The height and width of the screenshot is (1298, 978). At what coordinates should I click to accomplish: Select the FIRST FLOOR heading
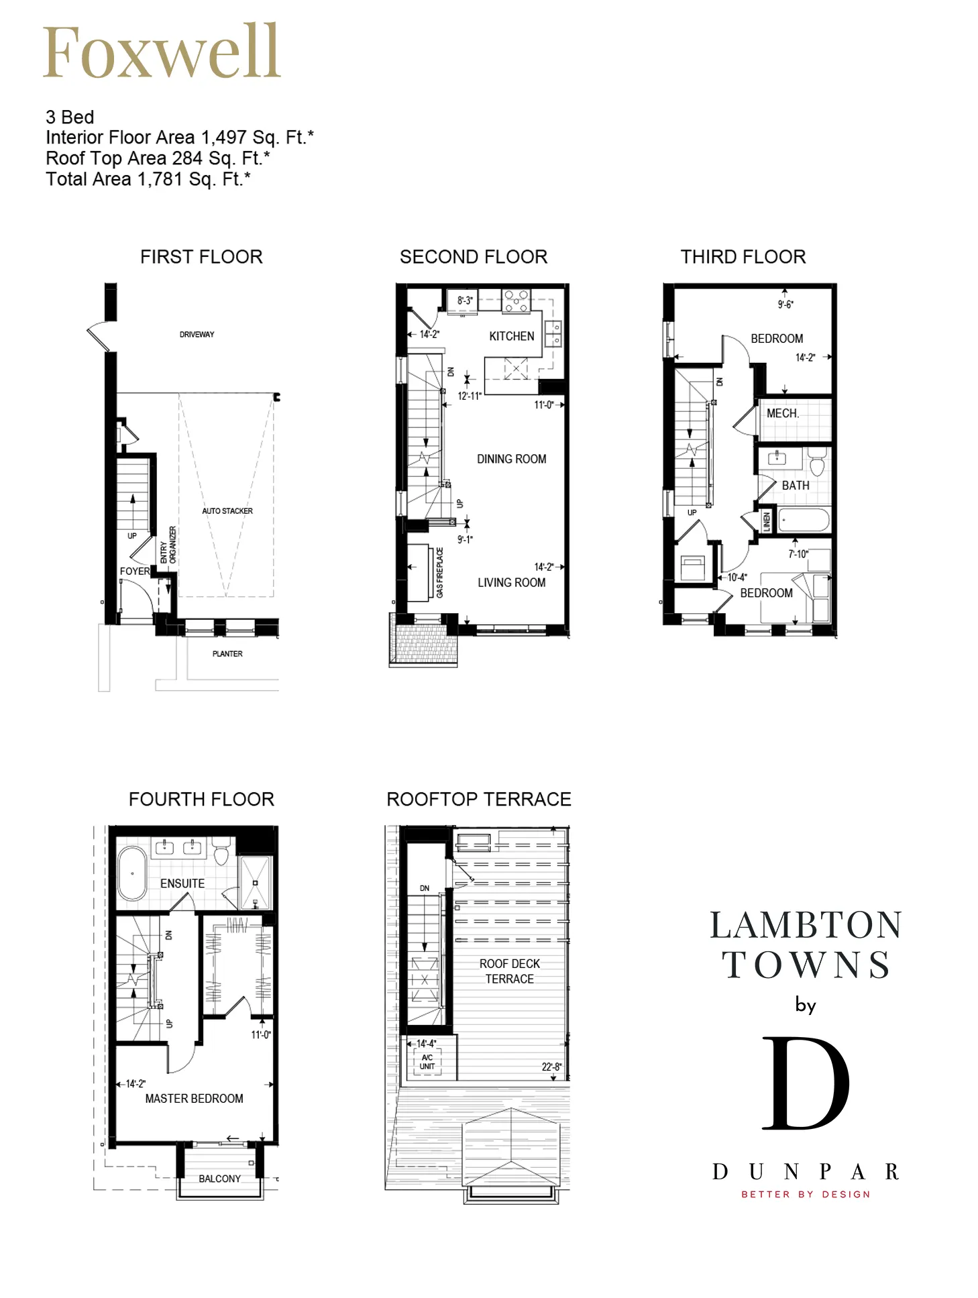coord(201,257)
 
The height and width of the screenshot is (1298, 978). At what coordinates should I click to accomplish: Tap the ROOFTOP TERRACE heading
coord(479,799)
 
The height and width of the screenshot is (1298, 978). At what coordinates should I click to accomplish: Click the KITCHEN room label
coord(512,336)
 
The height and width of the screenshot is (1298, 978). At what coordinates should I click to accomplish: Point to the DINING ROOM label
coord(512,459)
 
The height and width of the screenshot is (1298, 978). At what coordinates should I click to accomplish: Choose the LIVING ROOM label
coord(512,582)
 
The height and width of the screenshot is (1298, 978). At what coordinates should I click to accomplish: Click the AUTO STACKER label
coord(227,511)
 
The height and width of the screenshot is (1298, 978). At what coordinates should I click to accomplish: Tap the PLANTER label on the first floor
coord(227,653)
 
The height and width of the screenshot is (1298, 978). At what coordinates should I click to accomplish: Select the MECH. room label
coord(783,413)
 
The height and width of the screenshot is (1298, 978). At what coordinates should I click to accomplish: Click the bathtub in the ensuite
coord(132,873)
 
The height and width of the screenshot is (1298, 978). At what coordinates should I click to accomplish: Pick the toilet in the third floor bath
coord(817,462)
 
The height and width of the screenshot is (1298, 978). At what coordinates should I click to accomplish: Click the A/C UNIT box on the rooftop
coord(427,1062)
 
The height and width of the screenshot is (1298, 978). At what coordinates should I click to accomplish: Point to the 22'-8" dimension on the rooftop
coord(552,1067)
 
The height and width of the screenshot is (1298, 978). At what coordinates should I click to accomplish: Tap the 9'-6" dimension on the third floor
coord(785,305)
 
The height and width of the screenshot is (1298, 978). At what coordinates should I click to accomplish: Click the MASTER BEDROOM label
coord(195,1098)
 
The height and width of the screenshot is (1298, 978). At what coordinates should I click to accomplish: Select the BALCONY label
coord(219,1179)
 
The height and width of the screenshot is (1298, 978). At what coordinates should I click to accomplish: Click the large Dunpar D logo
coord(806,1083)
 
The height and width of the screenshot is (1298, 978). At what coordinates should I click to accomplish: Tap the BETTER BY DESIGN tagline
coord(806,1194)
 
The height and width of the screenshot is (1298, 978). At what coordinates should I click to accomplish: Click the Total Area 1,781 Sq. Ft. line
coord(148,179)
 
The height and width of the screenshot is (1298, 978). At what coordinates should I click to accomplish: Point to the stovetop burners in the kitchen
coord(517,301)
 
